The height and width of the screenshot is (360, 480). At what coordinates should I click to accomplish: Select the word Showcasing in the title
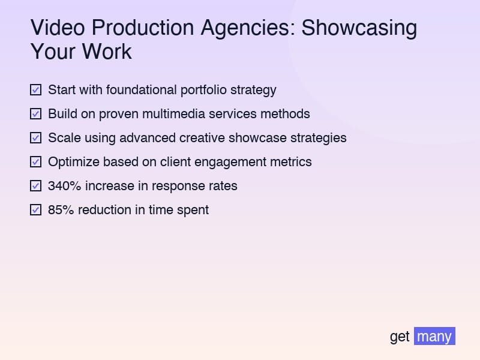[x=359, y=29]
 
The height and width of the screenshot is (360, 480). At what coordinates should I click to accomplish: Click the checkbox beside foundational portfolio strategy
[x=35, y=90]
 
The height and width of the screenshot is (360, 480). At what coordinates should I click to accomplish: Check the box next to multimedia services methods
[x=35, y=114]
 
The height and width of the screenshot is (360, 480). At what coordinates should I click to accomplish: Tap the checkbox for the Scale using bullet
[x=35, y=138]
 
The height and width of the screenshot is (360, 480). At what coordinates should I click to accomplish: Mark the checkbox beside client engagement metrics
[x=35, y=162]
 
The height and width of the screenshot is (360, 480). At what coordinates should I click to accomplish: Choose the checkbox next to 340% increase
[x=35, y=186]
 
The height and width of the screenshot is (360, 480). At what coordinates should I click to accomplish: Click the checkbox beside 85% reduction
[x=35, y=210]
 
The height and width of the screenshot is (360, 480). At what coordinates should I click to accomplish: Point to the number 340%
[x=64, y=186]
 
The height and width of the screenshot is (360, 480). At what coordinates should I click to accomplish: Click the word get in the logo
[x=400, y=337]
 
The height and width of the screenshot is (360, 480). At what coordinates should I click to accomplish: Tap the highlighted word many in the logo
[x=434, y=337]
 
